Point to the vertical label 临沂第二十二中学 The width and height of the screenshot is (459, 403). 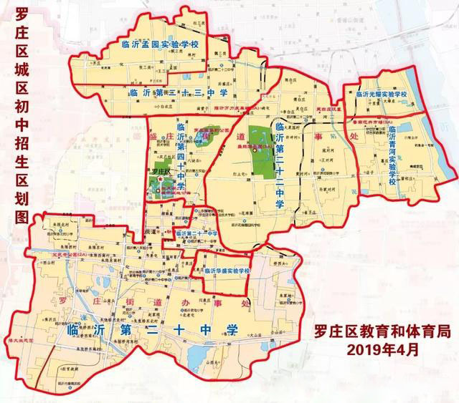(280, 165)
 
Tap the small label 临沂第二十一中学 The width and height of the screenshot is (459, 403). (198, 234)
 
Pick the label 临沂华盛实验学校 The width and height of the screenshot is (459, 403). (223, 271)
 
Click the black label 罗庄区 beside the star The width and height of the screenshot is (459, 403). (161, 173)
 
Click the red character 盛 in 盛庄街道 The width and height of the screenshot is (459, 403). (153, 135)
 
